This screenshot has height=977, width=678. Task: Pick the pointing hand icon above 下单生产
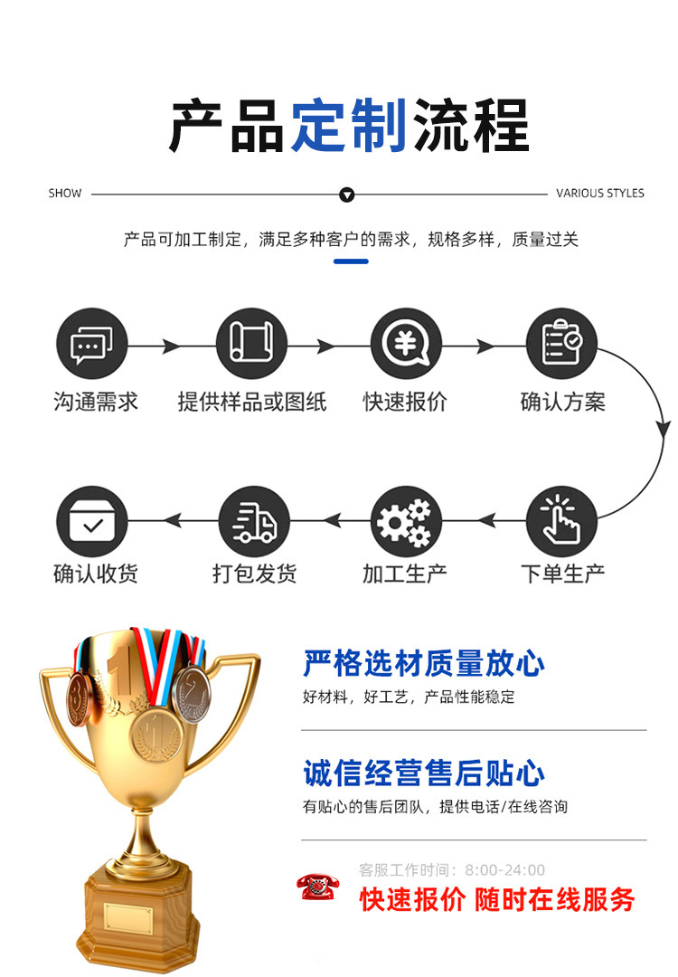(x=562, y=521)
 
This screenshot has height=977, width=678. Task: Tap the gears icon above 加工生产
(x=406, y=521)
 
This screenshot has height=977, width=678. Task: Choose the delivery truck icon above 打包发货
(x=254, y=521)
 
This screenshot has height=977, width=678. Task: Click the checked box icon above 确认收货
(x=92, y=521)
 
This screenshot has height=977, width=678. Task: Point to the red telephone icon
(x=319, y=887)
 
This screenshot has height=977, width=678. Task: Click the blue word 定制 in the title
(x=349, y=126)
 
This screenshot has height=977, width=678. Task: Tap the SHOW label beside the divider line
(x=65, y=194)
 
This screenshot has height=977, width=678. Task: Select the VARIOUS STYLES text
(x=600, y=194)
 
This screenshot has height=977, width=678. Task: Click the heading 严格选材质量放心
(x=424, y=664)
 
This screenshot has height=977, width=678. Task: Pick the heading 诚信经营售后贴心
(x=424, y=774)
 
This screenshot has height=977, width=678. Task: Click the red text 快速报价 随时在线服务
(x=497, y=900)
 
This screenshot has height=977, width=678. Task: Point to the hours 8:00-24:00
(x=505, y=870)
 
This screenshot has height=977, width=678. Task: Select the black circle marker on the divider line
(x=347, y=194)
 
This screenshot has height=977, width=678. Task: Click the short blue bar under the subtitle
(x=351, y=261)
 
